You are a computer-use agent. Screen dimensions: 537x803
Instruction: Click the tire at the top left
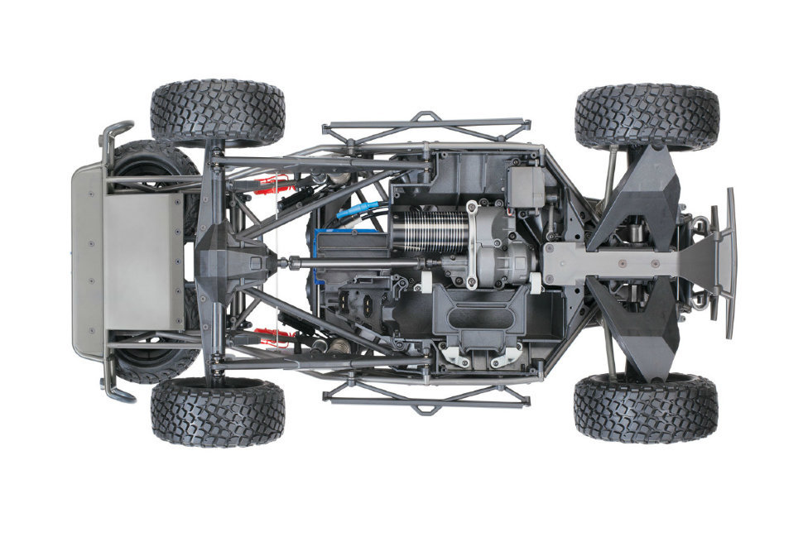click(x=218, y=113)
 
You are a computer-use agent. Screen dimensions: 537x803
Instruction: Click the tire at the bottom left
click(x=218, y=411)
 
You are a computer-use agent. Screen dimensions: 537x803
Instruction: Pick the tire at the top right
click(x=647, y=116)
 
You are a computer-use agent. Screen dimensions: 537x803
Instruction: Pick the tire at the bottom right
click(x=646, y=408)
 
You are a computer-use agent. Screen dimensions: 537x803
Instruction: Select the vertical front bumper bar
click(x=730, y=262)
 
